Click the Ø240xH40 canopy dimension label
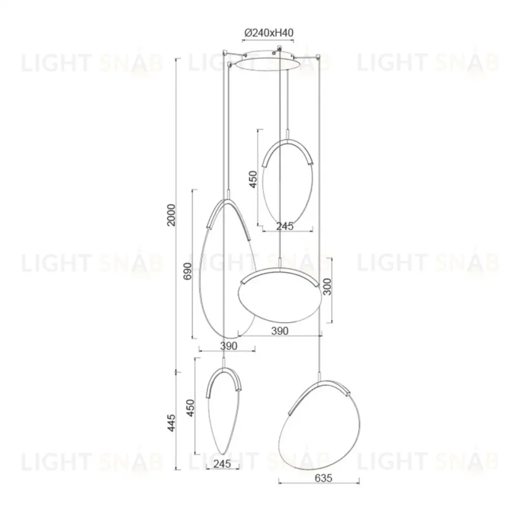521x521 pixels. point(269,33)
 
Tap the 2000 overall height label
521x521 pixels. point(171,215)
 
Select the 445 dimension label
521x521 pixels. point(171,423)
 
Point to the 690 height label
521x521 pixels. point(188,271)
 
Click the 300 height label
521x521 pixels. point(327,286)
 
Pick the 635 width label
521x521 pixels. point(323,478)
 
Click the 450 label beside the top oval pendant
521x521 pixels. point(253,180)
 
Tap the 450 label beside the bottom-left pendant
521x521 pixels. point(190,408)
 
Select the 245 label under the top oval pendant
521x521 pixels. point(285,226)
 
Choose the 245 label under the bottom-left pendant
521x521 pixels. point(222,464)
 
